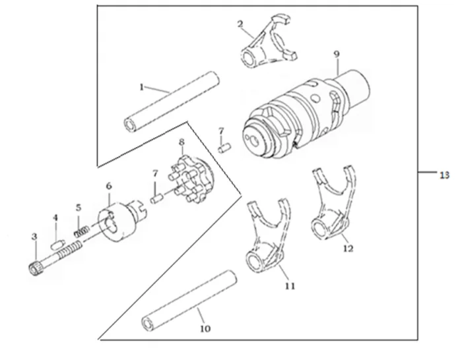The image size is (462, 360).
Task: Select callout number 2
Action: pos(242,24)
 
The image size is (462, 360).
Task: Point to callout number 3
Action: pos(34,236)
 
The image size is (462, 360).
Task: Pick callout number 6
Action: pos(109,187)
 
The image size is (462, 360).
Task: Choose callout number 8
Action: pos(182,142)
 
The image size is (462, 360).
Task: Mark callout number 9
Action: pos(337,53)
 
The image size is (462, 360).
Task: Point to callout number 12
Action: pos(348,249)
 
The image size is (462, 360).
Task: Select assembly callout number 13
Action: pos(444,175)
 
